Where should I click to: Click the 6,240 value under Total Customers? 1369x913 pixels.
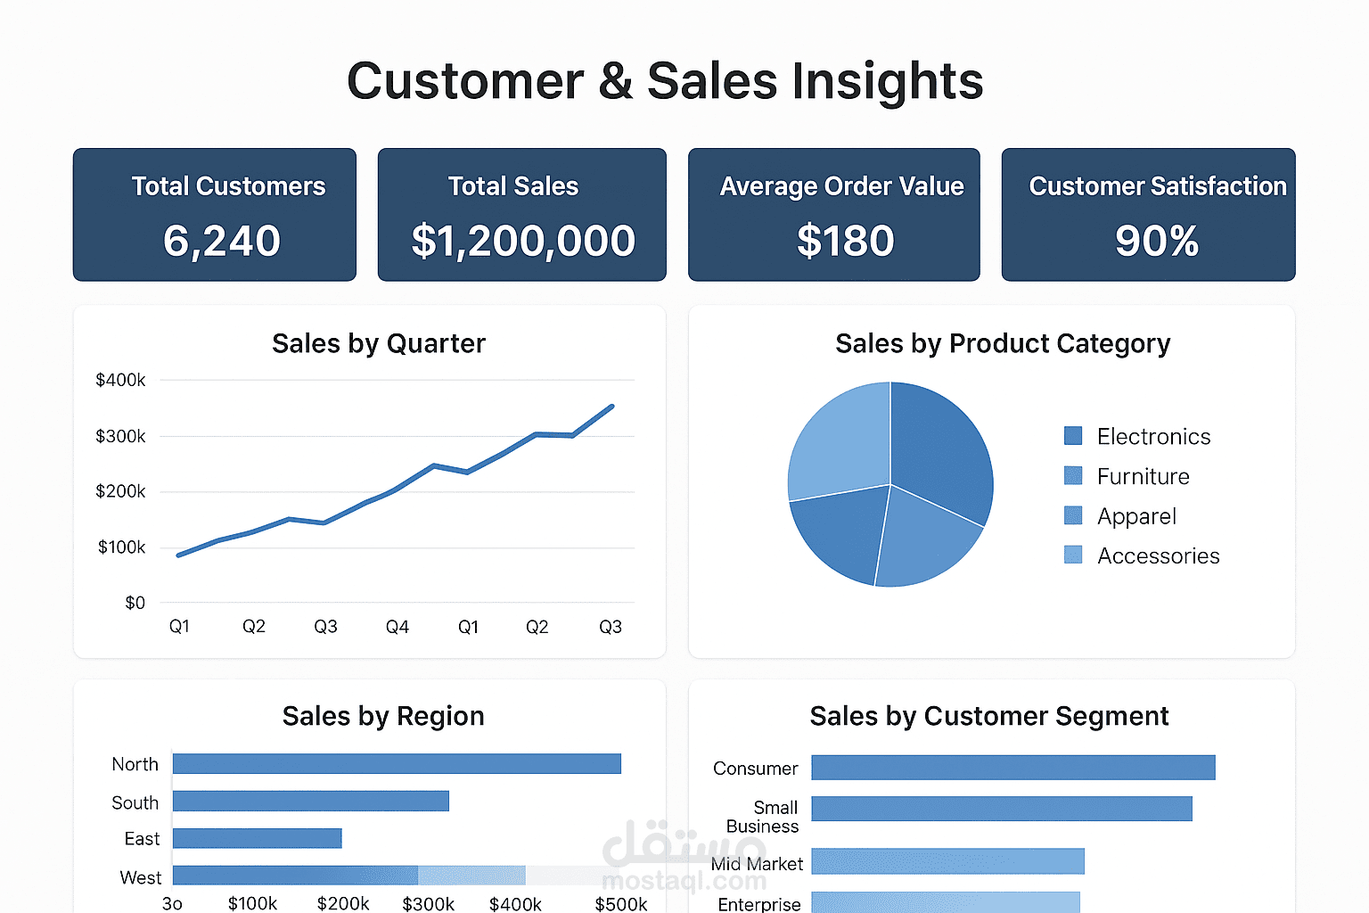click(x=221, y=241)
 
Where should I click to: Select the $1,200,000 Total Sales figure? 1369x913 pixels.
click(x=523, y=241)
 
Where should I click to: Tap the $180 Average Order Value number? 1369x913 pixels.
click(x=845, y=241)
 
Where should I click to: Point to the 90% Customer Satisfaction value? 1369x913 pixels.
click(x=1157, y=241)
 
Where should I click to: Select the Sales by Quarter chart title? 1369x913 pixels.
click(x=379, y=343)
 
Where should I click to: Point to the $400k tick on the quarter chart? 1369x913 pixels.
click(x=120, y=380)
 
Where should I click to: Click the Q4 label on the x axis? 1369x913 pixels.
click(x=397, y=627)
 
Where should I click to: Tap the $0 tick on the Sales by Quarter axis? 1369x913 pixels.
click(x=135, y=603)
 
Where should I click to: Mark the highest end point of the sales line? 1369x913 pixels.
click(x=611, y=407)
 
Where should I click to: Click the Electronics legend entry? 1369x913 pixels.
click(x=1153, y=436)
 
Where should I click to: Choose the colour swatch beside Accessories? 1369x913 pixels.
click(x=1073, y=555)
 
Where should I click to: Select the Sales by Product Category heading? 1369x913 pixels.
click(x=1003, y=343)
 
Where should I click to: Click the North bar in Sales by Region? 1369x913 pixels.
click(x=397, y=764)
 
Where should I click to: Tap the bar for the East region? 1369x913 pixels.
click(x=257, y=838)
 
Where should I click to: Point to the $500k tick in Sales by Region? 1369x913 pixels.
click(x=620, y=903)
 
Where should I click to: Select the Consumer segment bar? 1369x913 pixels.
click(x=1012, y=768)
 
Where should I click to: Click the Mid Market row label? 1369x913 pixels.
click(x=757, y=864)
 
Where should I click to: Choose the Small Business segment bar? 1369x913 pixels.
click(x=1001, y=809)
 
